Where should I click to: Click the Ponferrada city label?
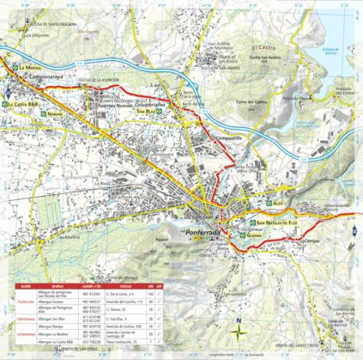(205, 233)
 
